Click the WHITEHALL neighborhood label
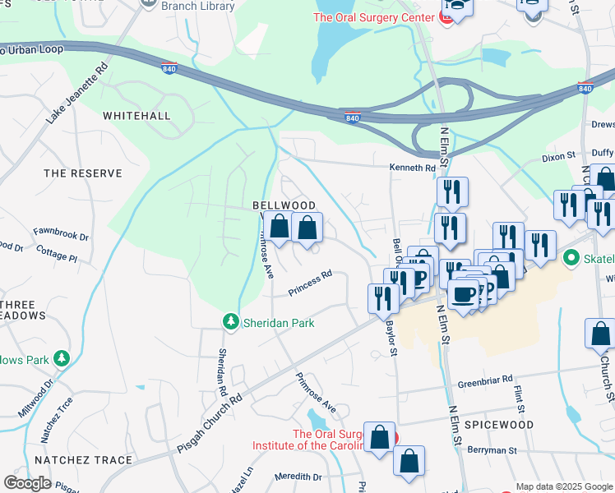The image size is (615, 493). [x=136, y=116]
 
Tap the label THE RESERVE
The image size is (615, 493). [x=82, y=173]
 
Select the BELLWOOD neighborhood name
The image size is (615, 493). [x=284, y=205]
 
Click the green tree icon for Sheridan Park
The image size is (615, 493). [x=232, y=323]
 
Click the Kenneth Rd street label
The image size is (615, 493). [x=412, y=168]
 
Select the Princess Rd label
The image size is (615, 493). [x=310, y=284]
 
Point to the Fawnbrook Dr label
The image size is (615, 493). [x=61, y=235]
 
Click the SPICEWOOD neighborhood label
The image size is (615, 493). [x=499, y=425]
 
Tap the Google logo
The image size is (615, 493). [x=27, y=483]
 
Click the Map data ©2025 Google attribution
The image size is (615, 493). [x=564, y=486]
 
